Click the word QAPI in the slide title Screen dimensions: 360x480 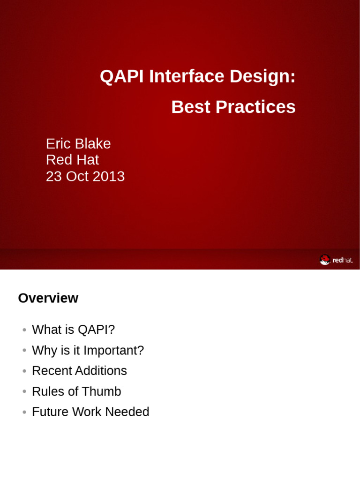(121, 76)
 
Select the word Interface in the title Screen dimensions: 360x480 (187, 76)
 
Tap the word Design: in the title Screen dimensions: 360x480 (262, 77)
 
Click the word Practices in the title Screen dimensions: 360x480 (255, 107)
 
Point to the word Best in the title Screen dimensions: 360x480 (191, 107)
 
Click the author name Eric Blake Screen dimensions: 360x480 (78, 143)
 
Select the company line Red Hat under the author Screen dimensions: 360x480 (72, 159)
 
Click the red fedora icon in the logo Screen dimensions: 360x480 (325, 260)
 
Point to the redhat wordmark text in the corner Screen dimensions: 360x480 (343, 260)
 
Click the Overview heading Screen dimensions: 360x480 (48, 298)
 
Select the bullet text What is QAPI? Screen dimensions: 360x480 (74, 330)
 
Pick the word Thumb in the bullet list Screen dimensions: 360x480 (101, 391)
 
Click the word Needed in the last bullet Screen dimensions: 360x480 (127, 412)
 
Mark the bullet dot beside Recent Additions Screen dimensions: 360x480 (24, 371)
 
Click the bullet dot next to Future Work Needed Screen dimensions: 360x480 (24, 412)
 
